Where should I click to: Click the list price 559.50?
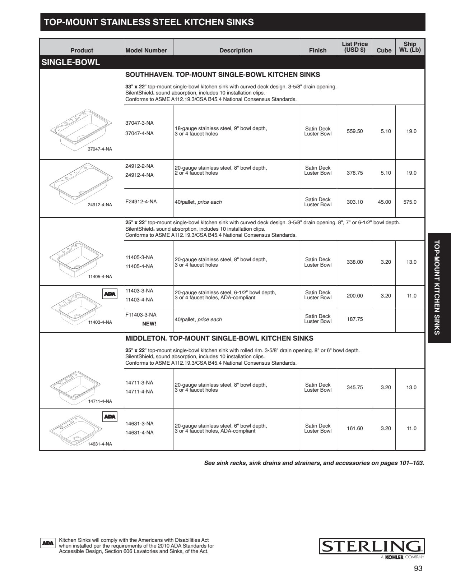pos(355,131)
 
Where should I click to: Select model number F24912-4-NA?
pos(141,202)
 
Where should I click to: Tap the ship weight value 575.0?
pos(410,202)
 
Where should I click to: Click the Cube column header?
pos(384,50)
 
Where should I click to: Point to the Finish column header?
pos(318,50)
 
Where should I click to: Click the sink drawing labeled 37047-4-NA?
pos(81,129)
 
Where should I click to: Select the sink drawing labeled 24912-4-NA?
pos(81,183)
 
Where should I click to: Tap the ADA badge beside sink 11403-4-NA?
pos(110,294)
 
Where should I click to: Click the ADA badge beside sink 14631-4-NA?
pos(110,416)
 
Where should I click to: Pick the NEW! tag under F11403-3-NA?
pos(149,323)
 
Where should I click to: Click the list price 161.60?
pos(355,428)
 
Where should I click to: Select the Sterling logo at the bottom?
pos(372,546)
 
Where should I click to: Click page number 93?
pos(418,568)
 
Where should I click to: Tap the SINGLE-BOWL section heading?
pos(71,62)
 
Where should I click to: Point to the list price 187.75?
pos(355,319)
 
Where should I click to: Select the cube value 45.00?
pos(384,202)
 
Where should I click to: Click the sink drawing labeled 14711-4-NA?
pos(75,385)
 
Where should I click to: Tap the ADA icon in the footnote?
pos(48,543)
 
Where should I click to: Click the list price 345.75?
pos(355,387)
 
